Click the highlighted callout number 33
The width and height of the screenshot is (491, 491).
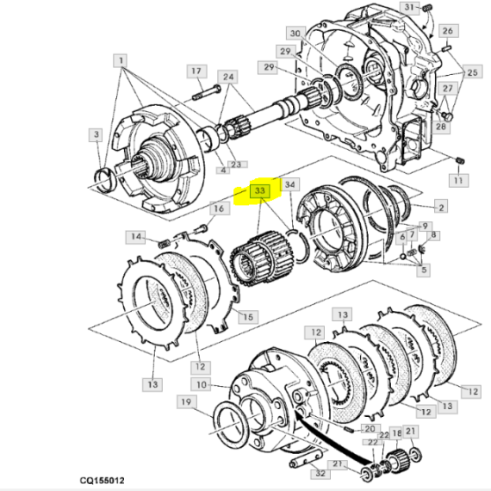point(259,191)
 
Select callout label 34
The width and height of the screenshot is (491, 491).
point(290,184)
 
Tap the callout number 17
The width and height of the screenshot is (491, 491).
point(196,71)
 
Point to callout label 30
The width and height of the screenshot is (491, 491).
point(295,34)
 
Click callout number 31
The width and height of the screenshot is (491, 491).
point(409,8)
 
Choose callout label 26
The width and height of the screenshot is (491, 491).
point(448,31)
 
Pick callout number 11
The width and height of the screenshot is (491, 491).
point(458,180)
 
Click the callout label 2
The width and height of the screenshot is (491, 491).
point(441,207)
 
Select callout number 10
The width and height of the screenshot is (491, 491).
point(201,384)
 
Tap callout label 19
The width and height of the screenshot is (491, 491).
point(187,401)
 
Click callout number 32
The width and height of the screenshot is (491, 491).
point(320,473)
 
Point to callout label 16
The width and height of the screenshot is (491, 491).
point(219,208)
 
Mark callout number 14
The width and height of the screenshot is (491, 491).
point(135,237)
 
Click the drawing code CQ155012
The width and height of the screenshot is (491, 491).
point(103,481)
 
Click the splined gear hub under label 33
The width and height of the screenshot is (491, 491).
point(263,258)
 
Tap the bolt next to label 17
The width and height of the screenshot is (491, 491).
point(207,93)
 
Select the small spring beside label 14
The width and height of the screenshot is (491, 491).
point(163,243)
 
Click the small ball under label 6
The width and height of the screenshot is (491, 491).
point(403,257)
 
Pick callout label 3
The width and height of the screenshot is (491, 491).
point(96,134)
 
